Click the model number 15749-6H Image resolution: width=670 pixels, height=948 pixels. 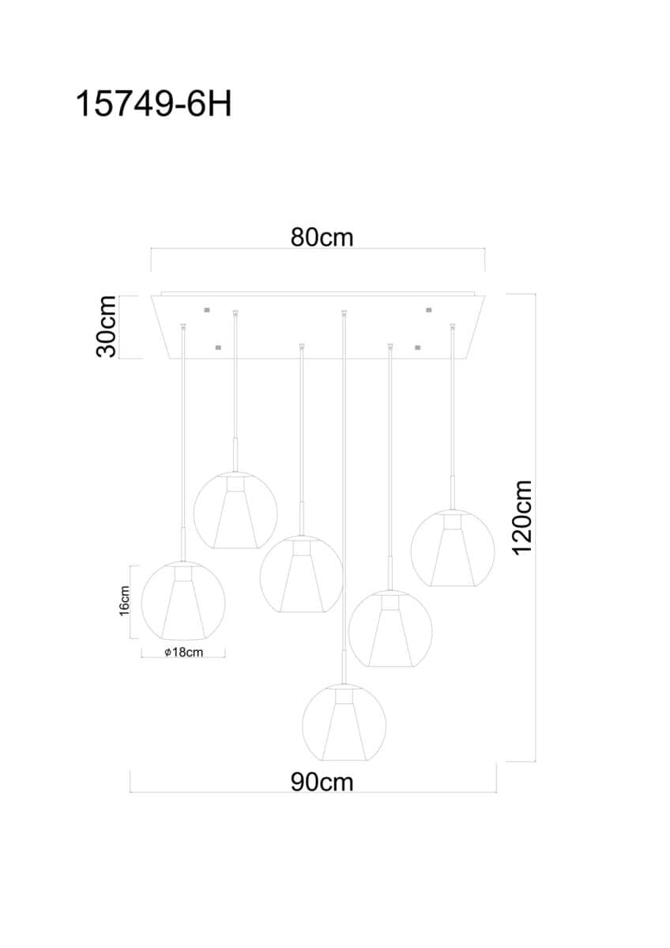tap(153, 104)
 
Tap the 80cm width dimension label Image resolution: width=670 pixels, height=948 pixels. tap(322, 238)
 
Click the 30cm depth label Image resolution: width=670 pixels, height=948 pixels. tap(106, 327)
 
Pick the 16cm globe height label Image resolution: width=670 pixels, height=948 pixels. tap(124, 601)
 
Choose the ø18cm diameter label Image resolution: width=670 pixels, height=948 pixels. tap(183, 653)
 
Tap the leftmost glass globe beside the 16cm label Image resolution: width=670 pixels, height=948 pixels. tap(183, 600)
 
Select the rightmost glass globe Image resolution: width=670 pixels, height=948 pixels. tap(453, 548)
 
